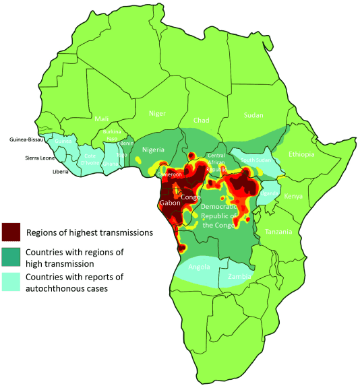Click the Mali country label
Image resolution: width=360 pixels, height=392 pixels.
coord(102,119)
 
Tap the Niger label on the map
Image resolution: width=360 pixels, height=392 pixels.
coord(156,114)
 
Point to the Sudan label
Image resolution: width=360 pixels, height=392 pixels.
coord(253,115)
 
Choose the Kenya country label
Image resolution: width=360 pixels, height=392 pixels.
coord(293,197)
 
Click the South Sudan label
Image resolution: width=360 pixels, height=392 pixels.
coord(258,160)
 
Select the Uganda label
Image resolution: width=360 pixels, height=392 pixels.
coord(268,193)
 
